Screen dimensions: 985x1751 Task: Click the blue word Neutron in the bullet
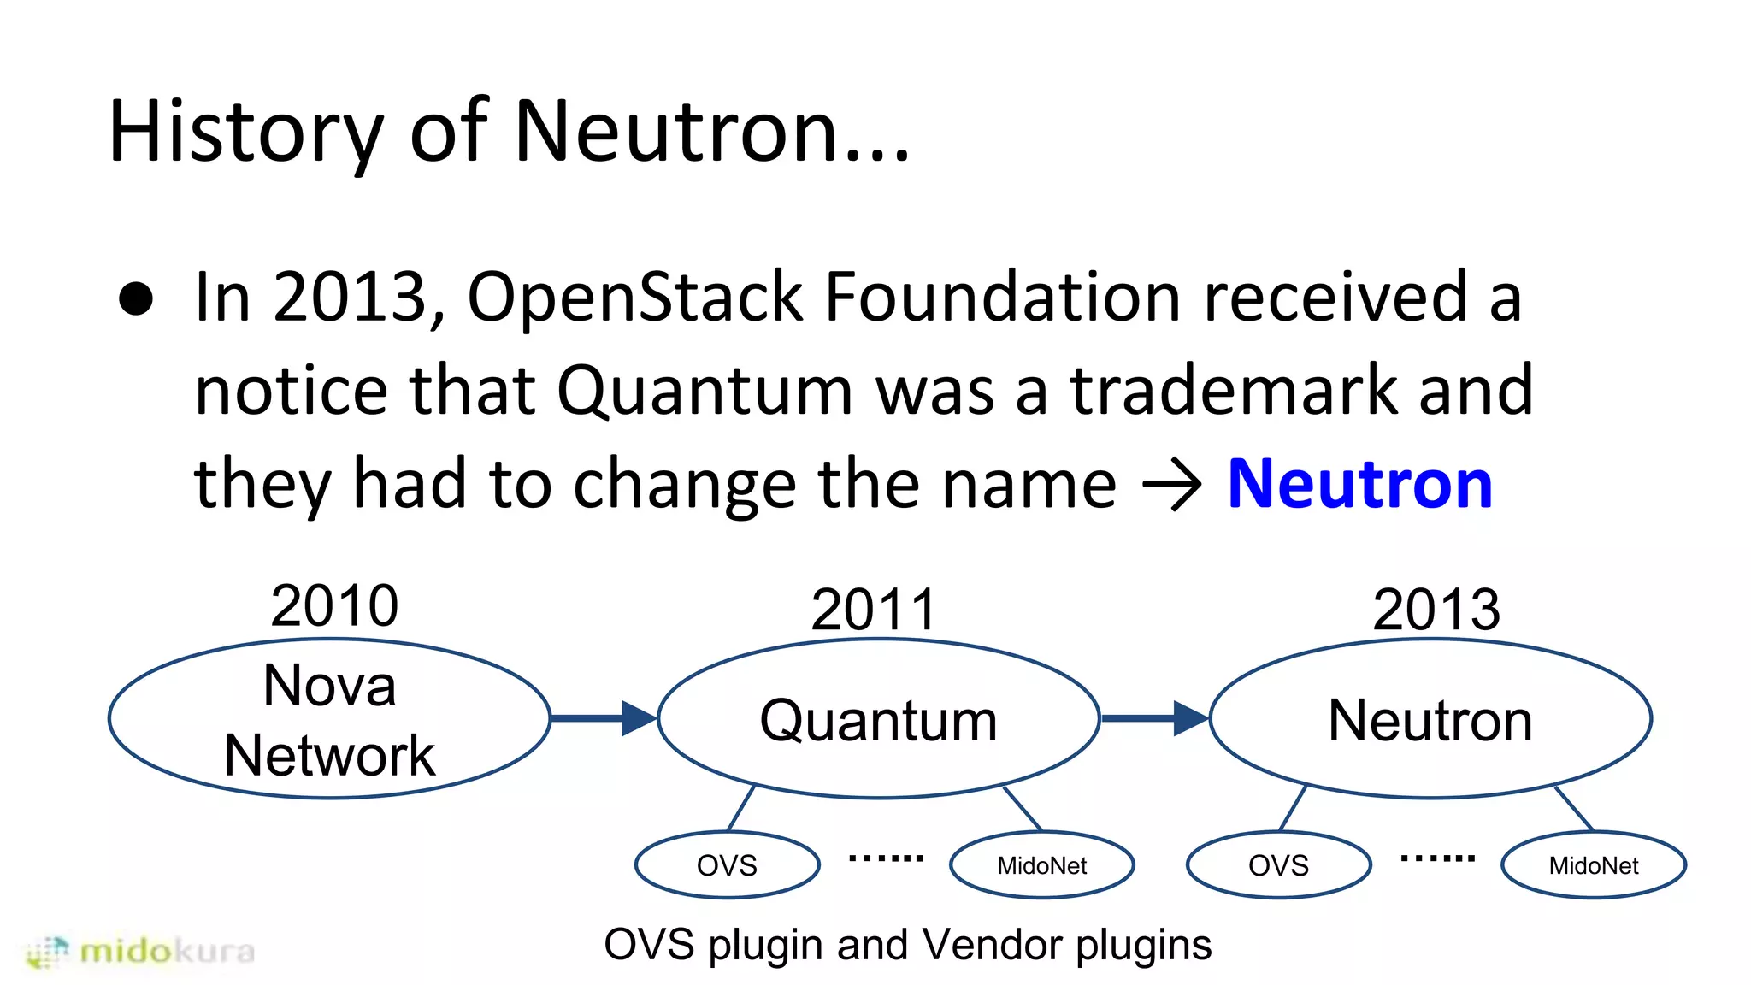click(x=1359, y=485)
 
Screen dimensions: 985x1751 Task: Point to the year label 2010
click(x=334, y=605)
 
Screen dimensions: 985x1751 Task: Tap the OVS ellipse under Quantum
click(x=727, y=865)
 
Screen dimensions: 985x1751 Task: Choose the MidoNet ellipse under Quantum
click(x=1041, y=865)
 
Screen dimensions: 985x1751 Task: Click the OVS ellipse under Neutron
click(x=1278, y=865)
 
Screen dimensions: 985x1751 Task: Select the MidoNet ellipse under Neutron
click(x=1593, y=865)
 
